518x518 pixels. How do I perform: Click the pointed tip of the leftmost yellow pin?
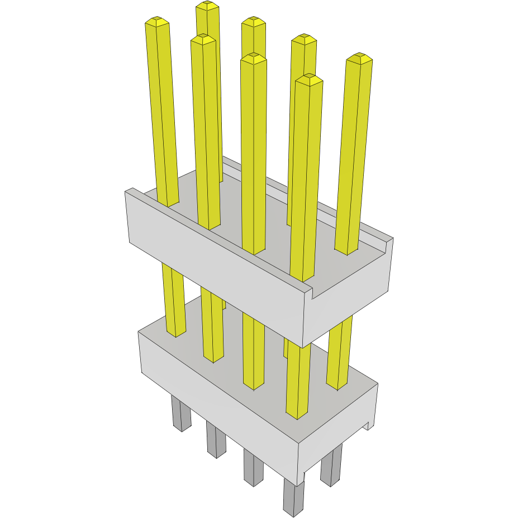pyautogui.click(x=156, y=22)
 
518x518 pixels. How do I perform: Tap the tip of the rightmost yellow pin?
pyautogui.click(x=359, y=58)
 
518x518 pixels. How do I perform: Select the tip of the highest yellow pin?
pyautogui.click(x=207, y=5)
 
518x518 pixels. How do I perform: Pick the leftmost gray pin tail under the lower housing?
pyautogui.click(x=180, y=413)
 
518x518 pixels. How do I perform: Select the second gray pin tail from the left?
pyautogui.click(x=216, y=439)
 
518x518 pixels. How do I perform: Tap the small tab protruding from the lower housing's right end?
pyautogui.click(x=369, y=426)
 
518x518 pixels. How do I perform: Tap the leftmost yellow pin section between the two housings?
pyautogui.click(x=174, y=302)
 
